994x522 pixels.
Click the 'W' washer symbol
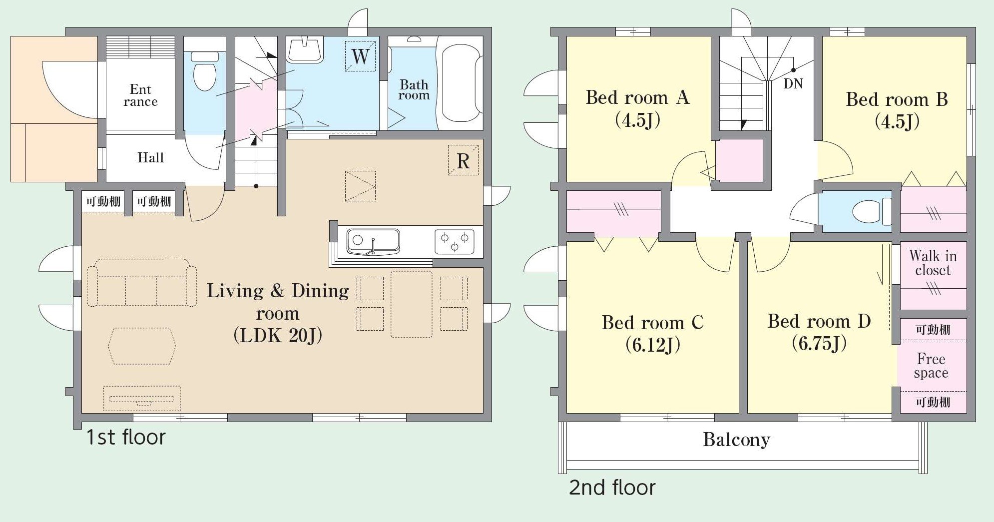coord(360,56)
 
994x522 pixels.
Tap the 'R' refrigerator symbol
coord(463,160)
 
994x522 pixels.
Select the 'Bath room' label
coord(414,90)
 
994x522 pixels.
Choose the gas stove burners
coord(454,242)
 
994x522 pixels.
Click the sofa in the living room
coord(142,283)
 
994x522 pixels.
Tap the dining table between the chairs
coord(412,304)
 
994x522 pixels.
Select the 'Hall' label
coord(150,158)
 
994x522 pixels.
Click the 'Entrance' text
coord(140,95)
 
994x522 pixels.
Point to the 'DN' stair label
coord(793,83)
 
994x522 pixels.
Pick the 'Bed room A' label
coord(638,97)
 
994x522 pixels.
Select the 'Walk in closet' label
coord(933,263)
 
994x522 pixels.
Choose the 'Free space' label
coord(931,366)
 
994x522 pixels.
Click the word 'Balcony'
coord(737,440)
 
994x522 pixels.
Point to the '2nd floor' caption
coord(612,488)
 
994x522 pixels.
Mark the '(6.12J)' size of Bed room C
coord(653,345)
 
